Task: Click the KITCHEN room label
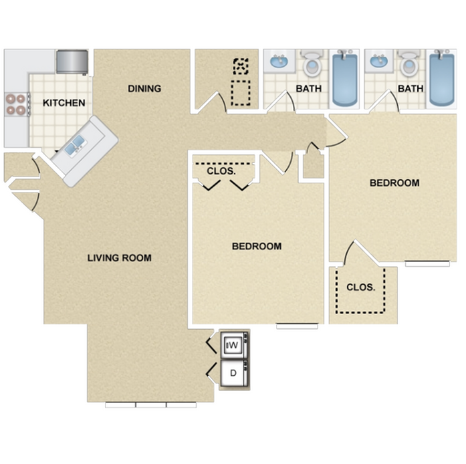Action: click(x=64, y=103)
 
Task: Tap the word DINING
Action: click(x=144, y=88)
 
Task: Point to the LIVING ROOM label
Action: click(x=120, y=257)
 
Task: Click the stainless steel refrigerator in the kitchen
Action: click(x=72, y=62)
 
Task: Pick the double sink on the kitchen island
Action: click(x=76, y=145)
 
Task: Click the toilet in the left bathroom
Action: click(x=312, y=64)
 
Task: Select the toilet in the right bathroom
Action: click(x=409, y=64)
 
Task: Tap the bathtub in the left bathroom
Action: click(x=345, y=79)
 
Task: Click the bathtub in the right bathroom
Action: click(x=442, y=79)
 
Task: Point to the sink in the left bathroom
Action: click(x=279, y=62)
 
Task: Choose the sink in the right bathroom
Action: click(x=378, y=62)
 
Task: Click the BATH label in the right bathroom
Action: click(x=411, y=88)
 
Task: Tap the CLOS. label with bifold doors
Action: click(x=221, y=171)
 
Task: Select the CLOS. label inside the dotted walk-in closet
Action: click(x=361, y=287)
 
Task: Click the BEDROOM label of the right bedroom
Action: click(x=394, y=183)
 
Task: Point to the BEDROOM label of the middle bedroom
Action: click(x=257, y=246)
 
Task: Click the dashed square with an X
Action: click(x=241, y=66)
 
